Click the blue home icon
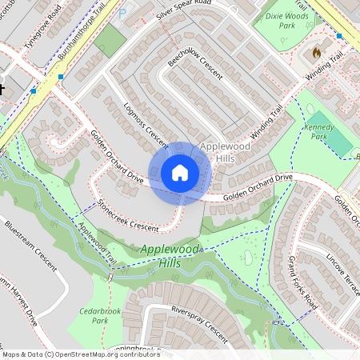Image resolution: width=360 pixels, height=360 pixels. (x=179, y=173)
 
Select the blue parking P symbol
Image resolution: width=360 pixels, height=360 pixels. (x=122, y=14)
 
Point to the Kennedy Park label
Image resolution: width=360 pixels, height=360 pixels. (x=318, y=132)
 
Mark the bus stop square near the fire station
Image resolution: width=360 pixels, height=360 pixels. (x=340, y=36)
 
